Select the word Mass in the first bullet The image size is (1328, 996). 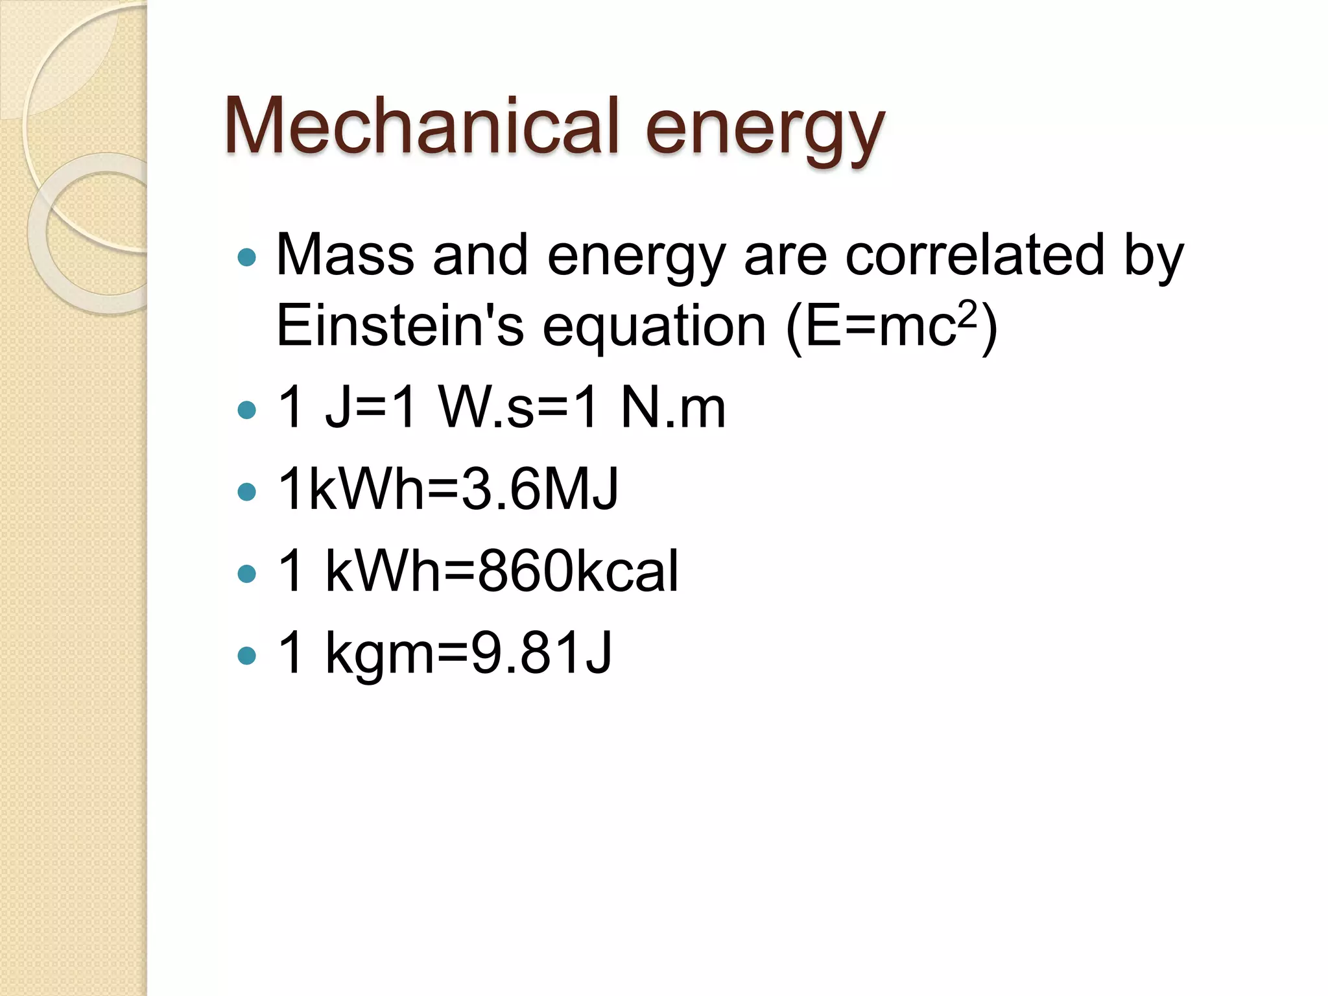(345, 255)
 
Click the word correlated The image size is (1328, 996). (975, 255)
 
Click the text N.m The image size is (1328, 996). (672, 408)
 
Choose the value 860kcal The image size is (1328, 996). (578, 571)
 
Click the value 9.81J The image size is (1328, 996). (541, 653)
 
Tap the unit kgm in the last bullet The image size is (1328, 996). (379, 655)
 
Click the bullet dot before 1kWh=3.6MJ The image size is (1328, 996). (247, 492)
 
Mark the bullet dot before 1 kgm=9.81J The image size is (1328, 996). (247, 655)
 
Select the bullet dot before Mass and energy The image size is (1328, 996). (247, 257)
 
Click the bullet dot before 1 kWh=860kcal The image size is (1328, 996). (247, 573)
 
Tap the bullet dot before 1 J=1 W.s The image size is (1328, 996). (247, 410)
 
